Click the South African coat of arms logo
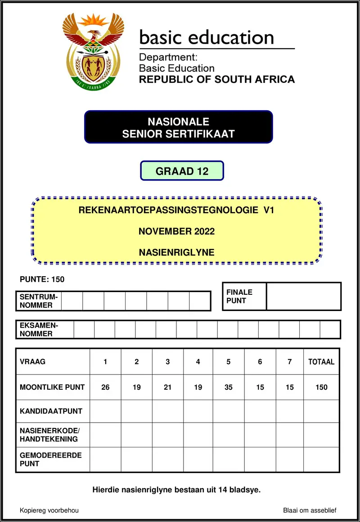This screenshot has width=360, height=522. tap(94, 50)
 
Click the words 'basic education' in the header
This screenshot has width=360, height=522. tap(207, 37)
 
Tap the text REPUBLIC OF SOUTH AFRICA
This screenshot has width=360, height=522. tap(217, 80)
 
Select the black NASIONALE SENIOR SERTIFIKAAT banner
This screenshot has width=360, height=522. tap(179, 127)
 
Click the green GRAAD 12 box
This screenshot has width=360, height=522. tap(182, 171)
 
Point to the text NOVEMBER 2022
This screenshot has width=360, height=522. tap(176, 232)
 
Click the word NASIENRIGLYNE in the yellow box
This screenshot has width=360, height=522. tap(176, 253)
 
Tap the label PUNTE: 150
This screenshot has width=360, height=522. tap(42, 279)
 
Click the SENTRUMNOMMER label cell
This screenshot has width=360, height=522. tap(39, 301)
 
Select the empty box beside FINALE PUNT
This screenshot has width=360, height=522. tap(303, 297)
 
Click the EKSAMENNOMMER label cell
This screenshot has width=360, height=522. tap(45, 329)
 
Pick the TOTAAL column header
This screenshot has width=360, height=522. tap(321, 362)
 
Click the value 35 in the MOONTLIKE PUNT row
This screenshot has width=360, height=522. tap(229, 387)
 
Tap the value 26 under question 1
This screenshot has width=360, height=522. tap(105, 387)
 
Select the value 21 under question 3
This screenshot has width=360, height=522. tap(168, 387)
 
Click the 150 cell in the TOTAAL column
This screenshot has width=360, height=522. tap(321, 387)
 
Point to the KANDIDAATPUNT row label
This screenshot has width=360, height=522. tap(51, 411)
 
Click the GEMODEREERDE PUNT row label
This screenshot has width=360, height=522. tap(51, 459)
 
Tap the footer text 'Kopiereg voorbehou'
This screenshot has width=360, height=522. tap(49, 510)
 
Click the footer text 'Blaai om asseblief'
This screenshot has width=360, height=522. tap(310, 510)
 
